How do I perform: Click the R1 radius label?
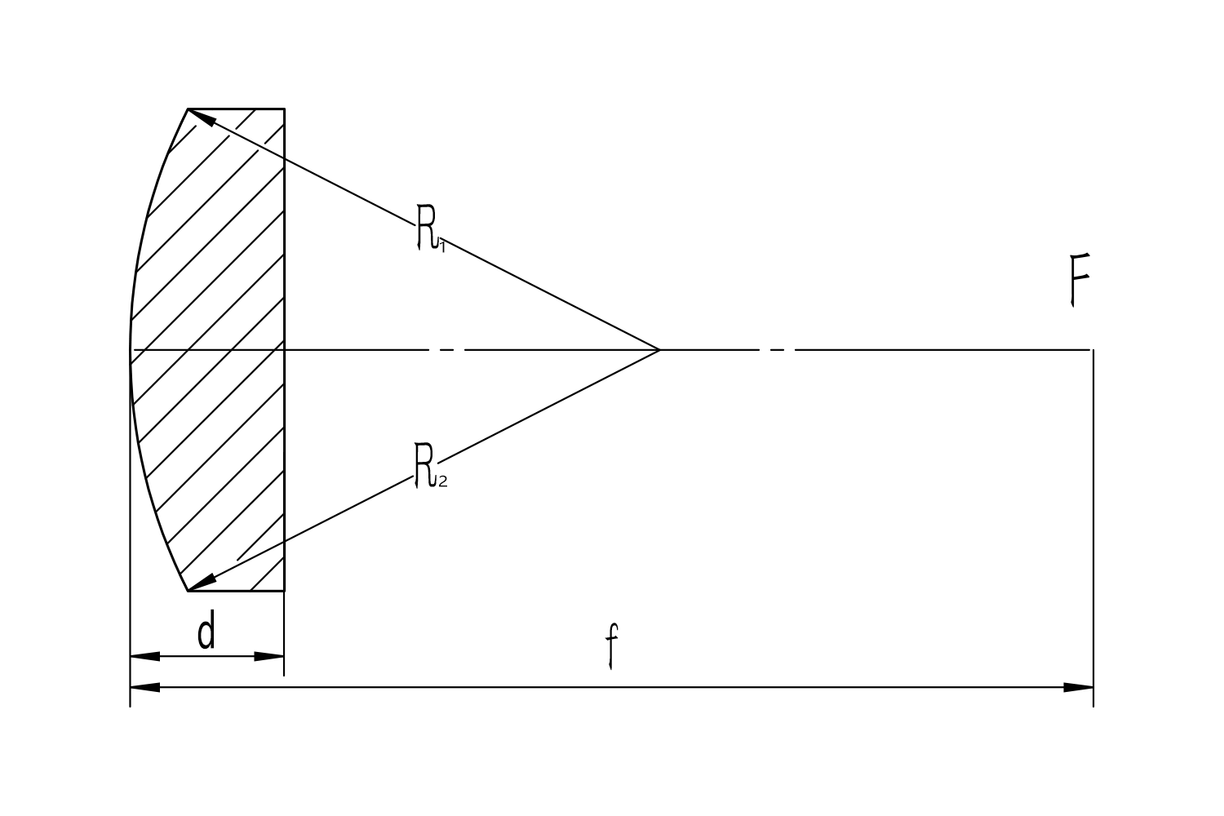click(431, 228)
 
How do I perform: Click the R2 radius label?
click(431, 466)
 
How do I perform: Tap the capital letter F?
click(1080, 280)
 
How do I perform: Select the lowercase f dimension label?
click(612, 646)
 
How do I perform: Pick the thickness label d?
click(206, 630)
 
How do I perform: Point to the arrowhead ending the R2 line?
click(201, 583)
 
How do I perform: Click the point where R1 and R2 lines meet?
click(659, 349)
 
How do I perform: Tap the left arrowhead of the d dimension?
click(144, 656)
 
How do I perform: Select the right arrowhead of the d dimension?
click(269, 656)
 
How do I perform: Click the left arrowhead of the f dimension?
click(144, 688)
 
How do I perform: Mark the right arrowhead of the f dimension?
click(1078, 688)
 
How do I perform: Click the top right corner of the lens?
click(284, 109)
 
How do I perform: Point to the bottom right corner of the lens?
click(284, 592)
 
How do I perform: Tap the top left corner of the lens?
click(188, 109)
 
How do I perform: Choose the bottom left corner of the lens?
click(188, 592)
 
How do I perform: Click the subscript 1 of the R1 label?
click(442, 247)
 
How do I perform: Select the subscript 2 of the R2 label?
click(442, 481)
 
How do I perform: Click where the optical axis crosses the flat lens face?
click(284, 349)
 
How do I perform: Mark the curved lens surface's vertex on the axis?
click(130, 349)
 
